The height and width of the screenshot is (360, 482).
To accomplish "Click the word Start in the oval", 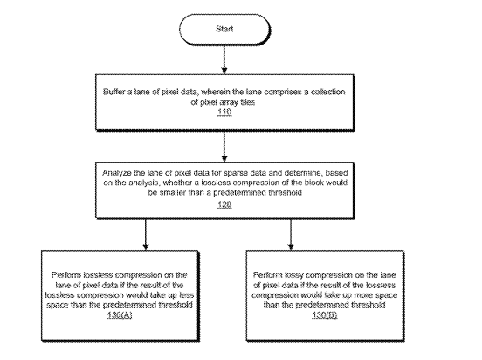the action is pos(224,29).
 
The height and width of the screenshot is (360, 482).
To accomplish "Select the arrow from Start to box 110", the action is pos(224,59).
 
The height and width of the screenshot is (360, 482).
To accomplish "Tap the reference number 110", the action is pos(224,112).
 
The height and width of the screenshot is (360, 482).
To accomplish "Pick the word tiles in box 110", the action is pos(247,102).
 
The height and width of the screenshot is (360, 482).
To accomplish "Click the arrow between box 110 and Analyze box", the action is pos(224,147).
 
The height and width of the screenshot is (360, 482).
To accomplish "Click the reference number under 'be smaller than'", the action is pos(224,204).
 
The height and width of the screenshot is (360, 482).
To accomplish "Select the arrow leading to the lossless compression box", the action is pos(146,234).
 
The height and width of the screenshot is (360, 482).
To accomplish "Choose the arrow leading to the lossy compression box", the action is pos(291,234).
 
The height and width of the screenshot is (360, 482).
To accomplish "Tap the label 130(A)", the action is pos(120,315).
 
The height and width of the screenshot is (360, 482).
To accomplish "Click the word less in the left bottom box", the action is pos(186,295).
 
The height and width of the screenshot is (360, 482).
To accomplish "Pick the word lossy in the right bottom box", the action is pos(294,274).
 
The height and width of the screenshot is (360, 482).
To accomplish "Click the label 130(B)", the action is pos(325,315).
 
